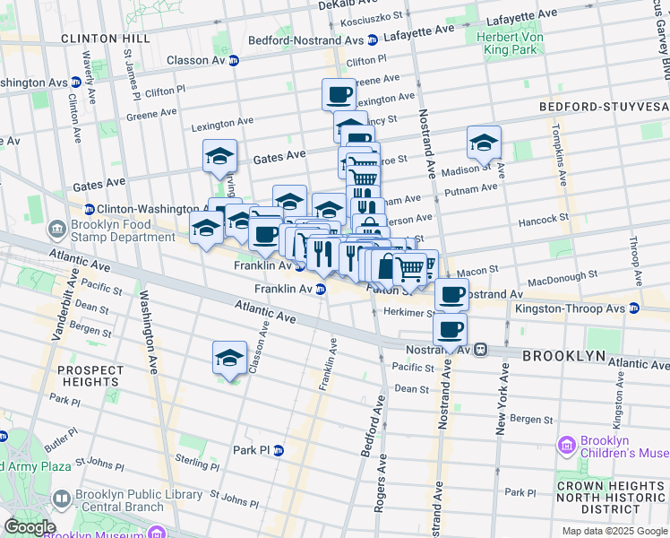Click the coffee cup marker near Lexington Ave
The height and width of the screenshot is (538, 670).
pyautogui.click(x=339, y=94)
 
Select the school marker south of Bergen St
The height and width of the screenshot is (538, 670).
pyautogui.click(x=229, y=358)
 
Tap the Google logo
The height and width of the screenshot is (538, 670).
pyautogui.click(x=29, y=527)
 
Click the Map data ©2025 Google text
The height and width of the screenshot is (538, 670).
pyautogui.click(x=614, y=531)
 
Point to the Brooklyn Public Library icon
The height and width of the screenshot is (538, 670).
pyautogui.click(x=62, y=498)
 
